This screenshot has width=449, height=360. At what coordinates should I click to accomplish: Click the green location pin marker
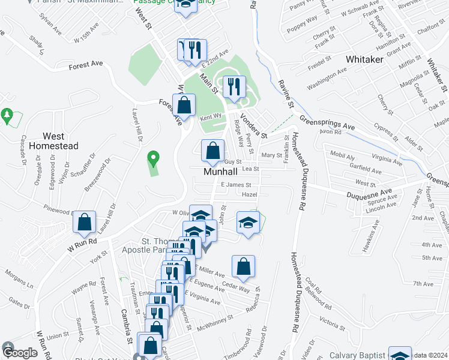(153, 158)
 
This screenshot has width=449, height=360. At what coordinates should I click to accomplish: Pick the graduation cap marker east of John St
(248, 223)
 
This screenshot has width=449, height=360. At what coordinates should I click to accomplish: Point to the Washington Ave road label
(327, 79)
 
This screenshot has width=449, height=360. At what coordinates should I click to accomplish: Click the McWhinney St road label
(218, 321)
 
